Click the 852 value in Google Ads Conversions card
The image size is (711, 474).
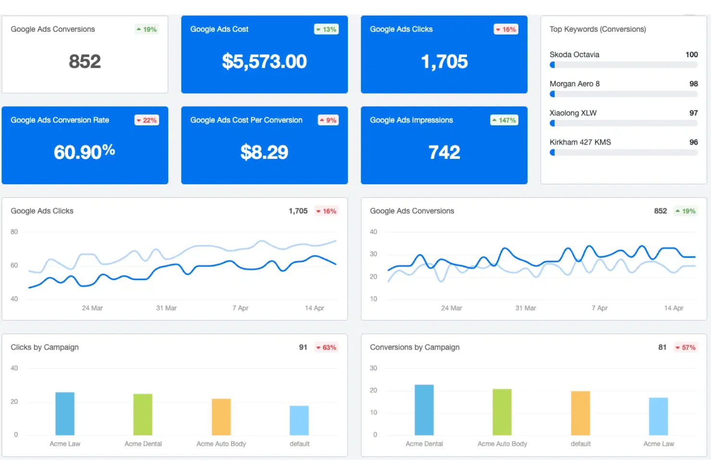85,61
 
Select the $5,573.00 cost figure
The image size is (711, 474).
264,61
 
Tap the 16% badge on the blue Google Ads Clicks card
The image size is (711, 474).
506,29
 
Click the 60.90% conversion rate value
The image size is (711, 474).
85,152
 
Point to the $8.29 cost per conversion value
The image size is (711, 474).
264,152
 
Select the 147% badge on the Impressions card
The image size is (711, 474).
504,120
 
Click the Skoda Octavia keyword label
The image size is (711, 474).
574,55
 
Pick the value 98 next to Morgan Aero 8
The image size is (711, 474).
693,84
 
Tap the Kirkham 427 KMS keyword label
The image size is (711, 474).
580,142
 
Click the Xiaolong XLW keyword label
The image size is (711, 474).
573,113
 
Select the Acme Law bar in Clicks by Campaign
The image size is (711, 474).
65,413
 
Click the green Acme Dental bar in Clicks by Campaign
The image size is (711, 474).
143,414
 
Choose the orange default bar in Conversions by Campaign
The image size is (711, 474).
580,413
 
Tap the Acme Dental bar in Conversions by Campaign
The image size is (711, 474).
424,410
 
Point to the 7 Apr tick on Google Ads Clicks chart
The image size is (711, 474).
240,308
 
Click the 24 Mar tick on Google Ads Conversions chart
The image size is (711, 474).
452,308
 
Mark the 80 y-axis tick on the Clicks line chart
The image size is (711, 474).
14,232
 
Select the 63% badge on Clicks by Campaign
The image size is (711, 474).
327,347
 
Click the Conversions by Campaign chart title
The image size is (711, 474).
415,347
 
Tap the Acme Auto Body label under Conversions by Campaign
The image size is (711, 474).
502,444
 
